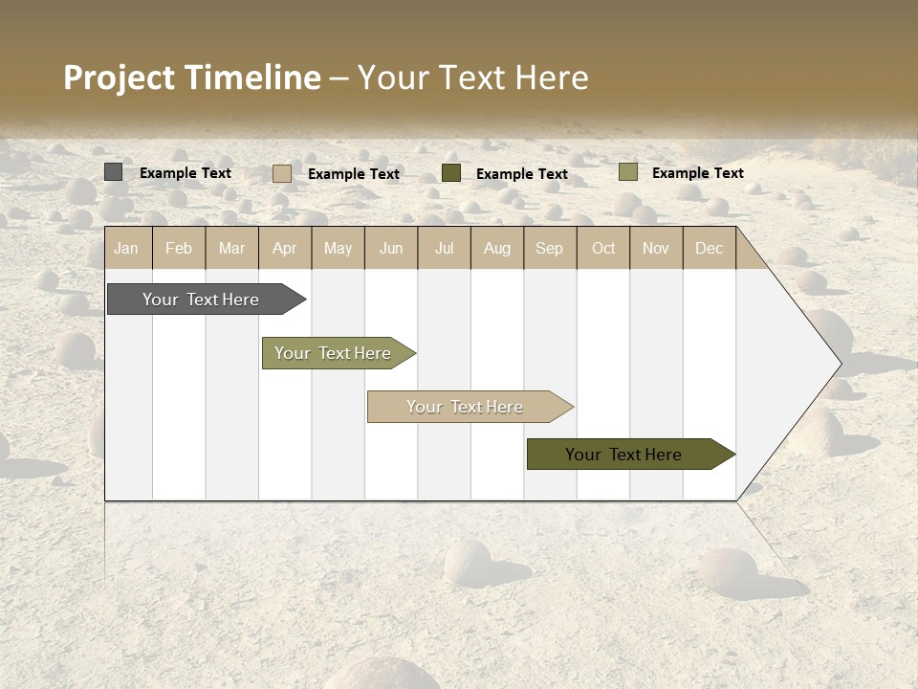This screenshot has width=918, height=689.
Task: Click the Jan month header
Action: [126, 249]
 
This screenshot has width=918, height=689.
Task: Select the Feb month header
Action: [179, 249]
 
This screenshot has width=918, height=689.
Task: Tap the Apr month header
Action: [284, 249]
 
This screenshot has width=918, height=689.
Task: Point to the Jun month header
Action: [391, 249]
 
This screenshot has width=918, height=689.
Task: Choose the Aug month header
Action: [496, 249]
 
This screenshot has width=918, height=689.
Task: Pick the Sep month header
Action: [549, 249]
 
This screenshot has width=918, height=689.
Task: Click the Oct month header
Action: [603, 249]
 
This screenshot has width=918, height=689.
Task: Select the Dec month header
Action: [709, 249]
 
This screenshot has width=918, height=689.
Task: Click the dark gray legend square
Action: [113, 172]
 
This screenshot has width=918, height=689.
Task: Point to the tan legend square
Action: [281, 173]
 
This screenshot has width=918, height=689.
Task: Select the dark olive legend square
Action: [450, 172]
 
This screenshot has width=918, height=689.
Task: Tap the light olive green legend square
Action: [627, 172]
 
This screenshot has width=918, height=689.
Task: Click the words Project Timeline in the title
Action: [191, 78]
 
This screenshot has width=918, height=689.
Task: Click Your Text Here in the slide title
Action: [472, 78]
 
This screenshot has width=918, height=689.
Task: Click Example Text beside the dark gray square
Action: [186, 173]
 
